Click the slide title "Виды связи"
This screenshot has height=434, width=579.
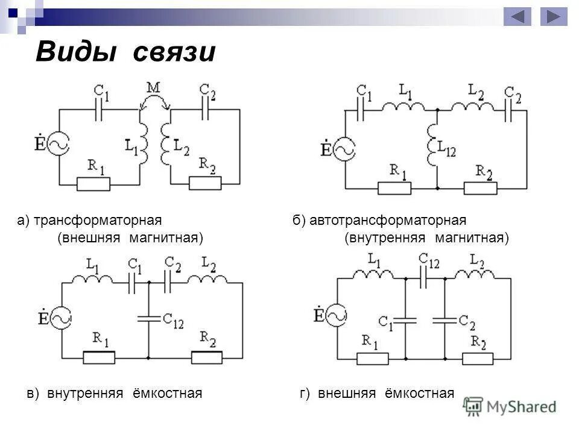coord(125,52)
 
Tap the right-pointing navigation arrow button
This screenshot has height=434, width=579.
coord(554,16)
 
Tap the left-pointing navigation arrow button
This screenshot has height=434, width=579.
coord(517,16)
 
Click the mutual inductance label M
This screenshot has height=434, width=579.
coord(154,89)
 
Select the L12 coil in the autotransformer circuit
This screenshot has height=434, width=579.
coord(432,145)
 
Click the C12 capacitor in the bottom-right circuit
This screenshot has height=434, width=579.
coord(425,278)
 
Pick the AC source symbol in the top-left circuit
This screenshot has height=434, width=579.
coord(59,145)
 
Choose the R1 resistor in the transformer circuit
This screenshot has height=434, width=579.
coord(93,183)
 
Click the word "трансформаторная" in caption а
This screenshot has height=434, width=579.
coord(99,221)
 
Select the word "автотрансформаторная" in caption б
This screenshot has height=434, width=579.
coord(388,221)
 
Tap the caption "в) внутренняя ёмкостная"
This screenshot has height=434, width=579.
coord(114,394)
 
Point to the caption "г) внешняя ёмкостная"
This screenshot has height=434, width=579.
coord(376,394)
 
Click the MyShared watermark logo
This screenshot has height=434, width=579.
coord(510,407)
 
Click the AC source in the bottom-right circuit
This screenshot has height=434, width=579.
coord(336,314)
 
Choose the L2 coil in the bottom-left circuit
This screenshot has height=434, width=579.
coord(206,278)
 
